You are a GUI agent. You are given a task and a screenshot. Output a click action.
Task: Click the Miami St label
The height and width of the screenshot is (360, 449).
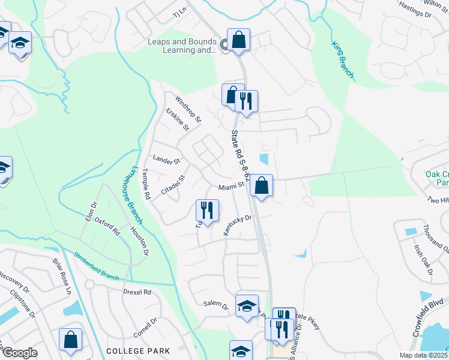pos(231,186)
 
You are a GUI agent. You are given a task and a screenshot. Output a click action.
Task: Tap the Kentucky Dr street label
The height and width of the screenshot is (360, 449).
pos(238,224)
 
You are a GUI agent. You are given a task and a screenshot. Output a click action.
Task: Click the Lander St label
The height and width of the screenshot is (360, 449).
pos(166,161)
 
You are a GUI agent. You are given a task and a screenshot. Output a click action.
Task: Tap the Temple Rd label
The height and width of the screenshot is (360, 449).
pos(145,184)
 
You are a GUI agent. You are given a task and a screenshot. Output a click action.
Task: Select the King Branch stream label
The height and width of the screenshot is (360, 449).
pos(343,60)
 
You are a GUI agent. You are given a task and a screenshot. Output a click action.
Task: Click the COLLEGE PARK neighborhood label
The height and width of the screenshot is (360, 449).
pos(137,350)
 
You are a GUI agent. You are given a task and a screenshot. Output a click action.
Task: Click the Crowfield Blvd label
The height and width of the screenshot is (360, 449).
pos(432,309)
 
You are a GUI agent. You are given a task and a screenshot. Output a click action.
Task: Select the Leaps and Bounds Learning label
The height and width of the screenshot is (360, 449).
pos(182,46)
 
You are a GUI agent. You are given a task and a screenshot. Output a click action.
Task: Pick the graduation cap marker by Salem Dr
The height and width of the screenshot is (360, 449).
pos(246,306)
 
